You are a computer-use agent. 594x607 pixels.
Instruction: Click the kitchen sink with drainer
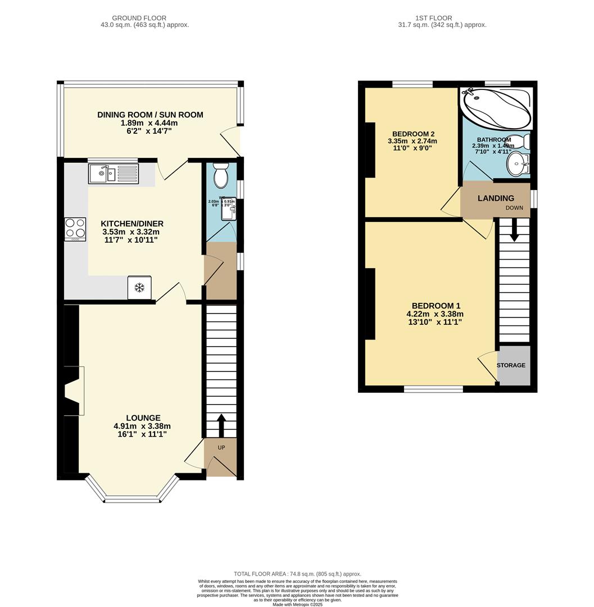(x=113, y=173)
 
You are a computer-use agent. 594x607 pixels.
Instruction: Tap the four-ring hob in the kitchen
(x=75, y=229)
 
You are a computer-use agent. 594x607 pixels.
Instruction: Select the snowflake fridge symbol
(x=139, y=288)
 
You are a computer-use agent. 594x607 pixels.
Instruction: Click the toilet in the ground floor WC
(x=220, y=176)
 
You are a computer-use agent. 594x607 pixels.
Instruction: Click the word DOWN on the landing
(x=514, y=208)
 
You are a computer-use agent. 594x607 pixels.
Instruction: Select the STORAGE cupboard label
(x=511, y=365)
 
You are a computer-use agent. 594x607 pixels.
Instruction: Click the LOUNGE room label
(x=143, y=418)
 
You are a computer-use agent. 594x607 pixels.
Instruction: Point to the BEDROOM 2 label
(x=413, y=134)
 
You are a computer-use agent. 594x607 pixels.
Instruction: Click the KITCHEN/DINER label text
(x=133, y=224)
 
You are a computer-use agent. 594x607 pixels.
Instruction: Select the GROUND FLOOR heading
(x=139, y=18)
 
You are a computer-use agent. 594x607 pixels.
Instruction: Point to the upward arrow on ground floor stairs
(x=220, y=425)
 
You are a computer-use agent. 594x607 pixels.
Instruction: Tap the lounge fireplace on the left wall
(x=73, y=391)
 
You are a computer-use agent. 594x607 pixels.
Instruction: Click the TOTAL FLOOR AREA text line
(x=297, y=574)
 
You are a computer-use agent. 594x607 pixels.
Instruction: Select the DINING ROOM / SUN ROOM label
(x=150, y=115)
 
